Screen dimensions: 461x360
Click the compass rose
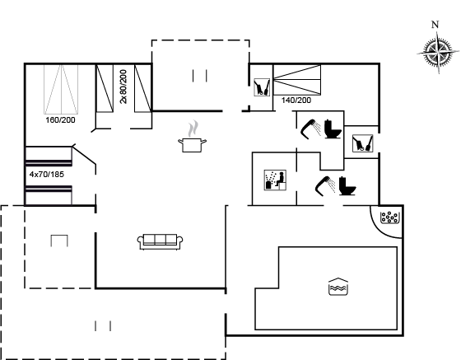(438, 53)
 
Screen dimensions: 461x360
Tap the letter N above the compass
(435, 25)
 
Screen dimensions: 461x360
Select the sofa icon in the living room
(160, 242)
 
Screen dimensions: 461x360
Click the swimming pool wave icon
(338, 286)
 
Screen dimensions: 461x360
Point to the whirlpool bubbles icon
(389, 217)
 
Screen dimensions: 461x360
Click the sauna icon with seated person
(275, 180)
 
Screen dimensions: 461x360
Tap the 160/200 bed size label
(61, 120)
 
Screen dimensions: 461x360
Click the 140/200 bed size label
(296, 101)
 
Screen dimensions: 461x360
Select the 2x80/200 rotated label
(123, 86)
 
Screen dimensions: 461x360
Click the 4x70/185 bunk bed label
(47, 175)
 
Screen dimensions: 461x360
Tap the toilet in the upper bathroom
(333, 129)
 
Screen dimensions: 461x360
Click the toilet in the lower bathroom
(347, 185)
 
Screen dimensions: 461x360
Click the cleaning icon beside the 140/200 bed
(262, 87)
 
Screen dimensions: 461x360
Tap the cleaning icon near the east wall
(363, 143)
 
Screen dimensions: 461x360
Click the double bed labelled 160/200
(61, 89)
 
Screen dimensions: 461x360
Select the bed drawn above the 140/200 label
(297, 80)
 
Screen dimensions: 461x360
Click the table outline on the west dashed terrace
(59, 241)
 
